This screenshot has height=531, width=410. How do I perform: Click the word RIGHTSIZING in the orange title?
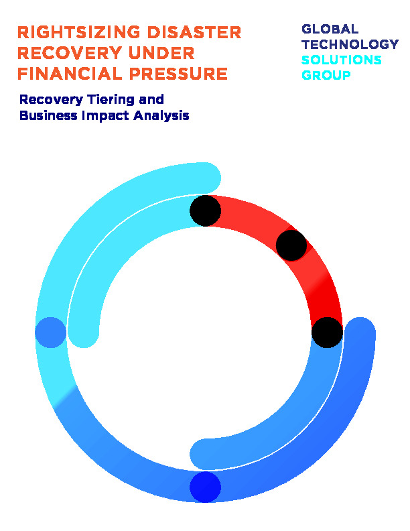click(79, 32)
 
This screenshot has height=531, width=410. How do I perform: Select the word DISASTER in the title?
click(194, 32)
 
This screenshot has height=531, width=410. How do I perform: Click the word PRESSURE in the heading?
click(178, 74)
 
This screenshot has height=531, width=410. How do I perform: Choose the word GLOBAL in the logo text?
click(330, 29)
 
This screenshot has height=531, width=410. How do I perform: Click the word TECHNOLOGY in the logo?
click(350, 44)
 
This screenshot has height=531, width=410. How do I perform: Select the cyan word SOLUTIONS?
click(341, 60)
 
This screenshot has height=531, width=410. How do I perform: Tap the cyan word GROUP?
click(326, 75)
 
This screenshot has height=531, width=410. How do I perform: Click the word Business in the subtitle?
click(48, 115)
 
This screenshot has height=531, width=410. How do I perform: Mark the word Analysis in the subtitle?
click(161, 116)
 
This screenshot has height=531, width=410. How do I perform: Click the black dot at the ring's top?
click(206, 211)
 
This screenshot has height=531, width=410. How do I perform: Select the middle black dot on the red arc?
click(291, 245)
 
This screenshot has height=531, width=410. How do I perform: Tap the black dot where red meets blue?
click(327, 333)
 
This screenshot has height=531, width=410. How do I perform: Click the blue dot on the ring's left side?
click(51, 333)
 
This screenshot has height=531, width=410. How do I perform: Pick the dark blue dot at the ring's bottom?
click(206, 487)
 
